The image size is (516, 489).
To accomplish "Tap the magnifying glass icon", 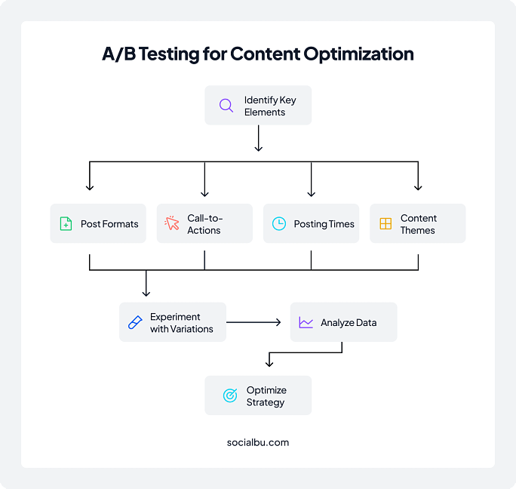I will [226, 106].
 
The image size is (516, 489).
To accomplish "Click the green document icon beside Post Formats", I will [66, 224].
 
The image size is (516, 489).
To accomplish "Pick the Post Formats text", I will [109, 224].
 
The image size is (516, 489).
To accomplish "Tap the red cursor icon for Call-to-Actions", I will [172, 224].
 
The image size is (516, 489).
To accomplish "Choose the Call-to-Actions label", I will [204, 224].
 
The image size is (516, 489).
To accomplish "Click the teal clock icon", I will [279, 224].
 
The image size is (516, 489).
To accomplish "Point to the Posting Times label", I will [324, 224].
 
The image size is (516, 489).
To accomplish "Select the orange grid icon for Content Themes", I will [385, 224].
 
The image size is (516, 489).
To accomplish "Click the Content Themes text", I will [418, 224].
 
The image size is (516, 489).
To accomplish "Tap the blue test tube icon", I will [135, 322].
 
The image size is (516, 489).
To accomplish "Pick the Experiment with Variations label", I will [181, 323].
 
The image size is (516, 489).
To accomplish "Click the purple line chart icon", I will [306, 323].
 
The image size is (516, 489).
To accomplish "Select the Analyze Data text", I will [349, 323].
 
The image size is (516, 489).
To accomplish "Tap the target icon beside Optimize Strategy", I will [230, 395].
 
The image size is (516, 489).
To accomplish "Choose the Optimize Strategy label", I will [266, 396].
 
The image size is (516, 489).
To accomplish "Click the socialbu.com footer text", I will [258, 442].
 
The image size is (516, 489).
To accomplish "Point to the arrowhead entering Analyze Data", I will [278, 323].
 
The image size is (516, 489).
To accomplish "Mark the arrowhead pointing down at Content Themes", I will [418, 188].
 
